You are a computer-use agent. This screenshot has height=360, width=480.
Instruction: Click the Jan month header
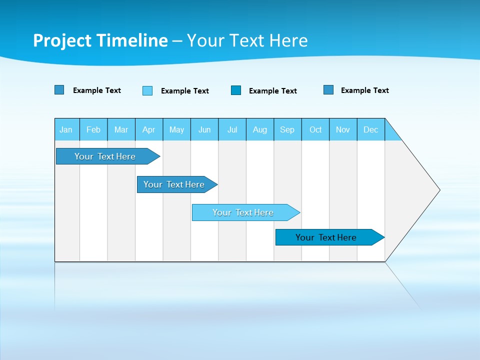click(66, 129)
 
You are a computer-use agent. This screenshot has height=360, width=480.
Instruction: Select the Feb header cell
click(93, 129)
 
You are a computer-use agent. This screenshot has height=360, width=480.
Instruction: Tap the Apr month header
click(149, 129)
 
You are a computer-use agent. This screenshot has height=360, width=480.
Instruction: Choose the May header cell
click(176, 129)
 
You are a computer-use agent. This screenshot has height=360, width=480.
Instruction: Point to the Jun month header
click(204, 129)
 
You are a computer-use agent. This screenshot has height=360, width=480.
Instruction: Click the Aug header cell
click(260, 129)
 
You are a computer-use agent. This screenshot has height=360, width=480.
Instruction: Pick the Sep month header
click(287, 129)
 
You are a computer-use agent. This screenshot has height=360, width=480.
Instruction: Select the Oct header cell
click(315, 129)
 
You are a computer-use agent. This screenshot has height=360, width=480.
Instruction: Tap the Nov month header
click(343, 129)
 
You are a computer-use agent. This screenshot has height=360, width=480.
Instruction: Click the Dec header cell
click(371, 129)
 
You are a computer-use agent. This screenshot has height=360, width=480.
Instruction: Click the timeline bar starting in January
click(105, 156)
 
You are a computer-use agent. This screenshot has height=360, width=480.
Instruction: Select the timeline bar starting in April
click(174, 184)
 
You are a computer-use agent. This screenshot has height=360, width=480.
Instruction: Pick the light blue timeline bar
click(243, 212)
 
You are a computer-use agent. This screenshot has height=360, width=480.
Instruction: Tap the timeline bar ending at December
click(326, 237)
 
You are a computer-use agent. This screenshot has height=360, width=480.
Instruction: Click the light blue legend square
click(147, 90)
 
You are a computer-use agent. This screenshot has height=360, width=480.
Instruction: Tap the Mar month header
click(121, 129)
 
